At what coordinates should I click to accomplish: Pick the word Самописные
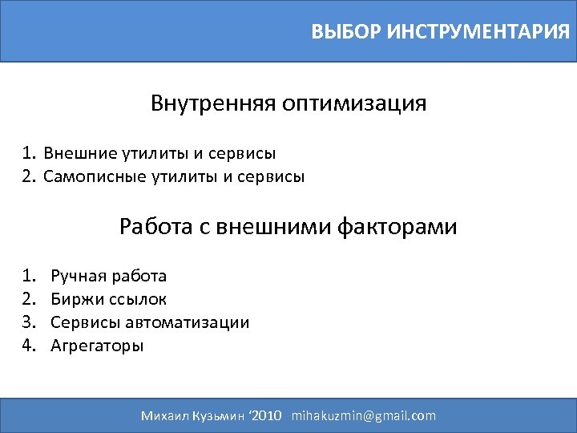click(x=94, y=176)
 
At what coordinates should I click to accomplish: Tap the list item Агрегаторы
click(x=97, y=346)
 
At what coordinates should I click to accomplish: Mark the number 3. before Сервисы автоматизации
click(x=30, y=323)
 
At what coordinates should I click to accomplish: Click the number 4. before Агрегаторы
click(x=30, y=346)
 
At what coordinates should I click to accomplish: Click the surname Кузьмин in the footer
click(x=221, y=415)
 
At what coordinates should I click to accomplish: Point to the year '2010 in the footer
click(x=266, y=415)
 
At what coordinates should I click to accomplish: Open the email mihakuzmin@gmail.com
click(x=364, y=415)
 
